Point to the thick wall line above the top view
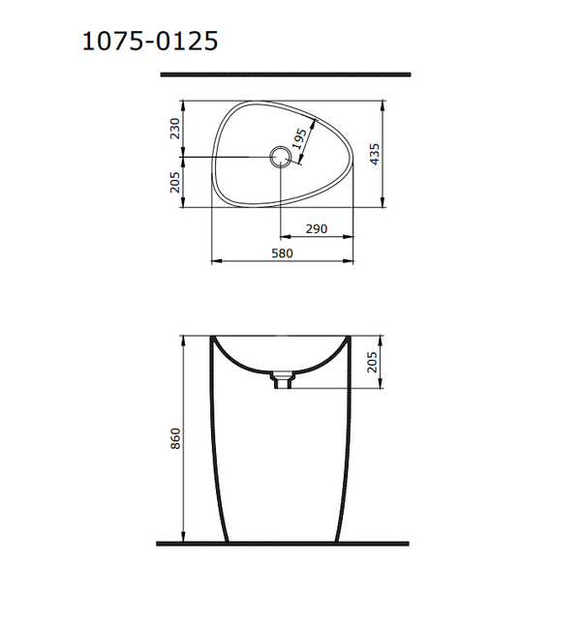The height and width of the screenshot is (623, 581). pos(285,74)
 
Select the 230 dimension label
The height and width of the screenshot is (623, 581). pos(175,129)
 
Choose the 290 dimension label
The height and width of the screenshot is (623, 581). pos(316,229)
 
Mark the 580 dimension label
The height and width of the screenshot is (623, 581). pos(283,252)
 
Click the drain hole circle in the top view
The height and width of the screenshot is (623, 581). pos(280,157)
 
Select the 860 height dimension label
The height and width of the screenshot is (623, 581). pos(175,439)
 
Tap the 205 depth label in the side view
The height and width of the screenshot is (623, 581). pos(375,363)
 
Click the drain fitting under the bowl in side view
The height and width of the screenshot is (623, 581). pos(283,381)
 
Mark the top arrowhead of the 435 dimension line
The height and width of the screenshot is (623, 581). pos(386,104)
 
